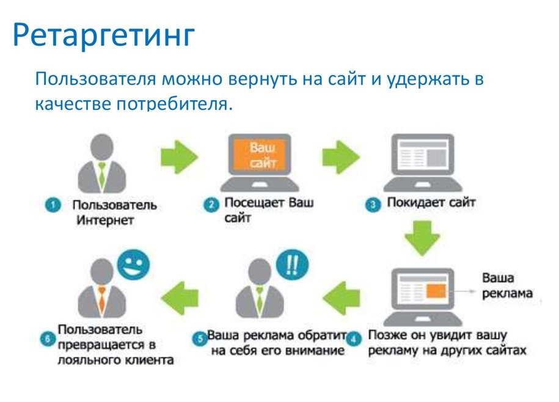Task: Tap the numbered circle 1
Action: click(x=53, y=205)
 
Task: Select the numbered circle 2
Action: click(x=211, y=205)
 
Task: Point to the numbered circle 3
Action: click(x=373, y=205)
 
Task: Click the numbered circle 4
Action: click(x=353, y=338)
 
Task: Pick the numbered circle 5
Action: click(x=200, y=338)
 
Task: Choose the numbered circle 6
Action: click(x=48, y=338)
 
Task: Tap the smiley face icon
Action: click(x=133, y=265)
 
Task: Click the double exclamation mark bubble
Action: click(x=293, y=265)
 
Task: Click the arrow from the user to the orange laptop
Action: click(x=180, y=157)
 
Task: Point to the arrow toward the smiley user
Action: click(x=180, y=298)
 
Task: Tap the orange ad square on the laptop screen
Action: click(x=436, y=290)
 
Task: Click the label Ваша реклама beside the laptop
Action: click(x=507, y=285)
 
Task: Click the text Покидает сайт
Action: click(x=431, y=202)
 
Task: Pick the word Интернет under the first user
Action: click(x=105, y=220)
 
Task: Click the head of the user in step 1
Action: click(x=102, y=147)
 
